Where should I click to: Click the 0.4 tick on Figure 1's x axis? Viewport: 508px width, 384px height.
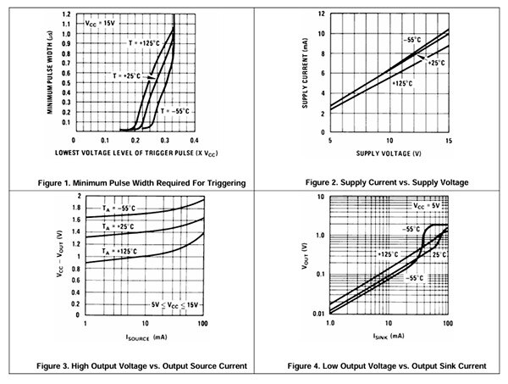click(x=195, y=142)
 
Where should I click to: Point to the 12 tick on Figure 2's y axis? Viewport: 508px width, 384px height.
click(x=319, y=14)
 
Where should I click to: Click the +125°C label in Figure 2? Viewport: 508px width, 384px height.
click(x=405, y=83)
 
